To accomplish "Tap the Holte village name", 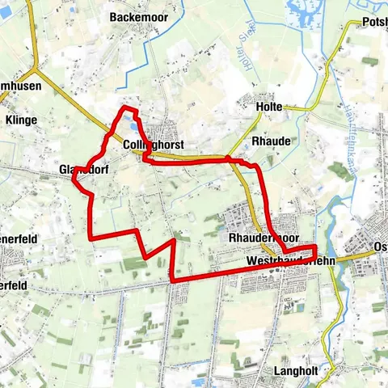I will [x=268, y=107].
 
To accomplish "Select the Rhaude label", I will [x=271, y=140].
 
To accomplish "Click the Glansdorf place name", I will [x=83, y=171].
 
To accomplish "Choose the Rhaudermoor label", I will [x=264, y=238].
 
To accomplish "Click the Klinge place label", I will [x=20, y=120].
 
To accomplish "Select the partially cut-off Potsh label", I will [x=375, y=22].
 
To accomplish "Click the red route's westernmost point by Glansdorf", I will [x=74, y=179].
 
